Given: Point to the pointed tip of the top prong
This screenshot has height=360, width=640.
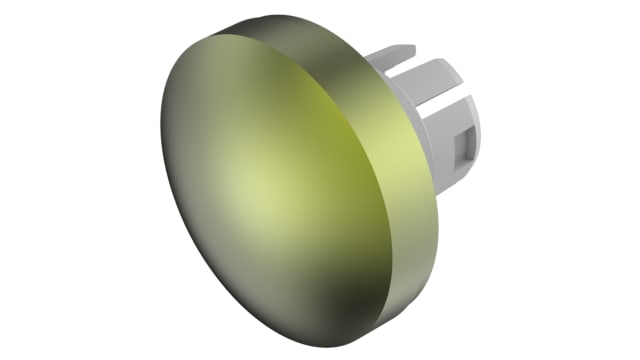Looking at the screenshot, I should [x=412, y=46].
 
